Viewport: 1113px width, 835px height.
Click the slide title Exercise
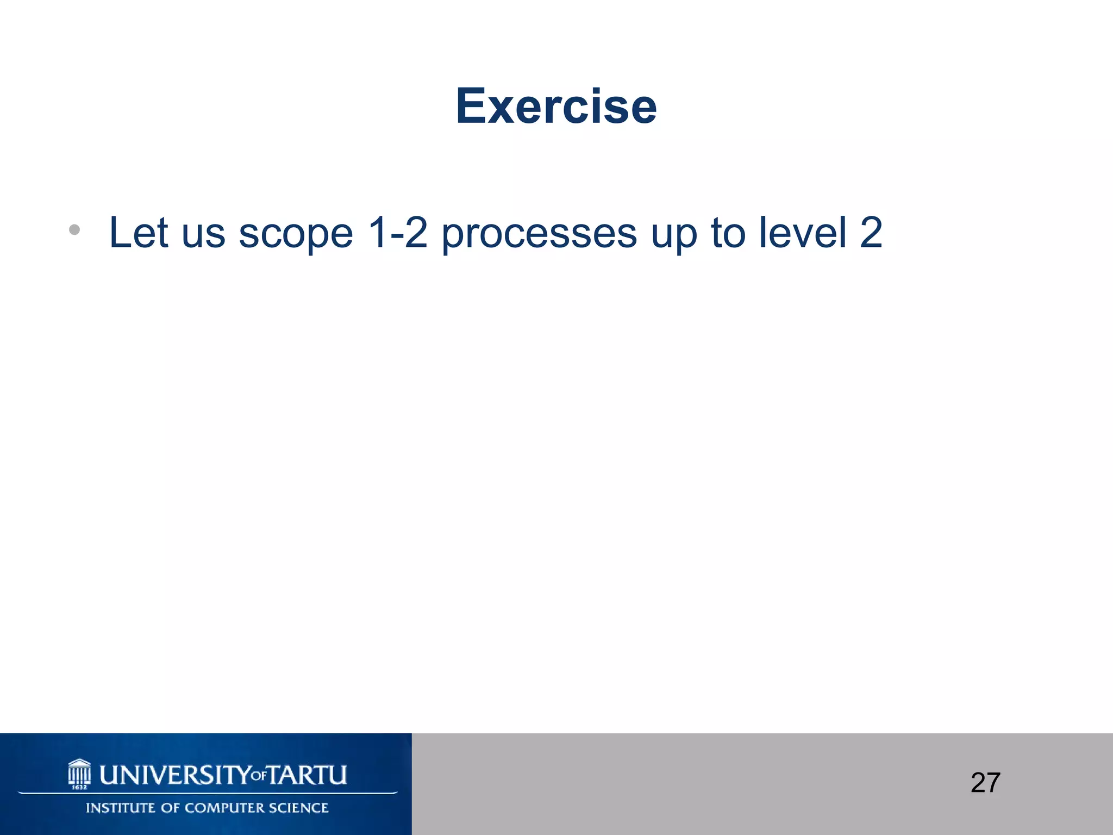[556, 107]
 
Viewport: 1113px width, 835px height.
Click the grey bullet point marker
[74, 230]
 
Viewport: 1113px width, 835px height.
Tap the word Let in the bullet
[138, 233]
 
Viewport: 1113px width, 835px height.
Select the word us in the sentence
[203, 235]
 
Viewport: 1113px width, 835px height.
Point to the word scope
[296, 235]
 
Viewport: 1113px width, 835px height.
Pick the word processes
[539, 235]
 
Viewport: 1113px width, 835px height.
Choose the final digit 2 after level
[871, 233]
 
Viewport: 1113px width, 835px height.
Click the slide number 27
[985, 783]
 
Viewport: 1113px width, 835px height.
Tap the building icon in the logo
[79, 771]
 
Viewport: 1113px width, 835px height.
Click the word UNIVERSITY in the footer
[174, 775]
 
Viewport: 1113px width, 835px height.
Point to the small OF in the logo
[259, 776]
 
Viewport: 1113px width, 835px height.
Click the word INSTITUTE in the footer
[121, 808]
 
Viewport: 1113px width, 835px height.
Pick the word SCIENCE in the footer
[302, 808]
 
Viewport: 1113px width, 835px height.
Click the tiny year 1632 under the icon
[79, 787]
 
